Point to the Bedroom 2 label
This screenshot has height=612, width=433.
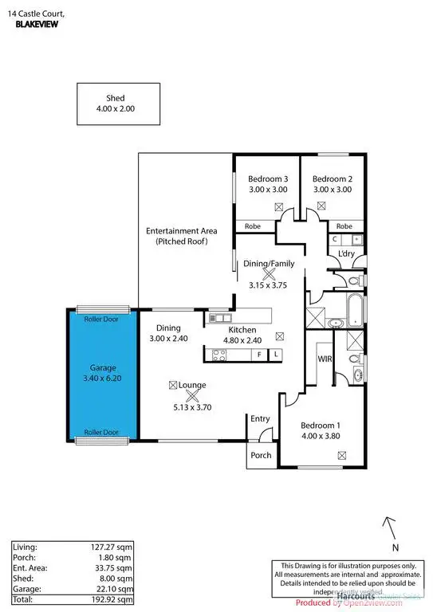tap(332, 178)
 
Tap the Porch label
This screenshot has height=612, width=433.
tap(261, 455)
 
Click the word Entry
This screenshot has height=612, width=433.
tap(261, 418)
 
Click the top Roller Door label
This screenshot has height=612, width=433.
tap(101, 319)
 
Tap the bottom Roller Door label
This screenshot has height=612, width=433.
tap(101, 432)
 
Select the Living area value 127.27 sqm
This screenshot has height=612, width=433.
tap(112, 547)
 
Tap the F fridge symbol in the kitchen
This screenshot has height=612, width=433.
tap(259, 353)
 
